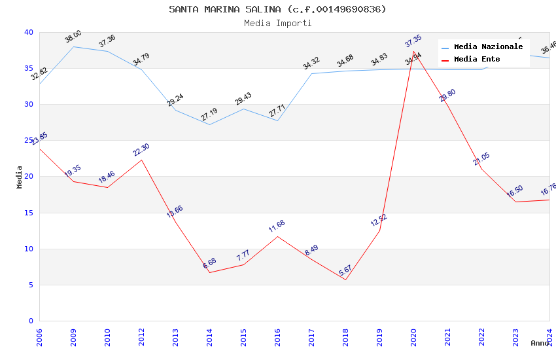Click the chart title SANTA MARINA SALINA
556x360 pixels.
[277, 9]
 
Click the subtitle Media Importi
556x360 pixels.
[277, 23]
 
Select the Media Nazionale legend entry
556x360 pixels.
[488, 46]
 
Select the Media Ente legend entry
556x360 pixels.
[477, 59]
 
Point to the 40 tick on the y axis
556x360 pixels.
[28, 32]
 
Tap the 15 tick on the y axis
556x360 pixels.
[28, 213]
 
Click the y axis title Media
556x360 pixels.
[20, 177]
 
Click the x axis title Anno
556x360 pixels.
[540, 343]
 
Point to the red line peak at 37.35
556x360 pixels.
[413, 51]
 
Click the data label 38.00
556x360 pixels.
[73, 36]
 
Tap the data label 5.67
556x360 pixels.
[345, 270]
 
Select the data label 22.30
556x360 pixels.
[141, 150]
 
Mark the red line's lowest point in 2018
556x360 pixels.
[345, 279]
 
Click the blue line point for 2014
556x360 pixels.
[209, 124]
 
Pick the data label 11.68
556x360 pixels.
[277, 226]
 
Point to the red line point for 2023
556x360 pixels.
[515, 202]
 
